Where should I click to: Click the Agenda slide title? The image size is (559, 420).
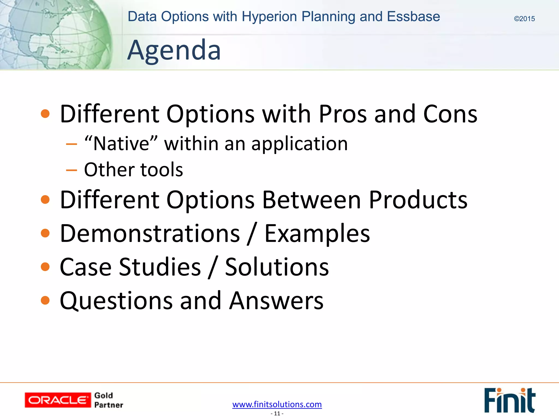point(174,50)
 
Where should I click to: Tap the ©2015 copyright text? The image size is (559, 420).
point(524,19)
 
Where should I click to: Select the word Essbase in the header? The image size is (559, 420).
point(413,16)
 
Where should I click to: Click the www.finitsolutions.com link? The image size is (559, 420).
point(277,404)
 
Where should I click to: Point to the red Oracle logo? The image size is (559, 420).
point(58,400)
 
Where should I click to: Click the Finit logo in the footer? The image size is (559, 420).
point(509,400)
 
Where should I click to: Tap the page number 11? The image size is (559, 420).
point(277,414)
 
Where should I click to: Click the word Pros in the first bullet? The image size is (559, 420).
point(343,114)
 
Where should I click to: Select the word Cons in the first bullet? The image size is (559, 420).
point(450,114)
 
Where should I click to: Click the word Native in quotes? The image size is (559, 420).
point(121,144)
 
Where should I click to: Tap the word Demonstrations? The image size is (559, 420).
point(150,234)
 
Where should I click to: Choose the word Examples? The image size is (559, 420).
point(317,234)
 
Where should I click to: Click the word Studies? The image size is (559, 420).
point(160,267)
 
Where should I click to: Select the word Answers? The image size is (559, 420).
point(276,301)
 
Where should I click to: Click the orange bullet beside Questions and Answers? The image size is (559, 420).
point(45,301)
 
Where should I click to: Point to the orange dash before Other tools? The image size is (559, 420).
point(72,170)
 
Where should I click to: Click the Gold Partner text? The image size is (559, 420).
point(108,400)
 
